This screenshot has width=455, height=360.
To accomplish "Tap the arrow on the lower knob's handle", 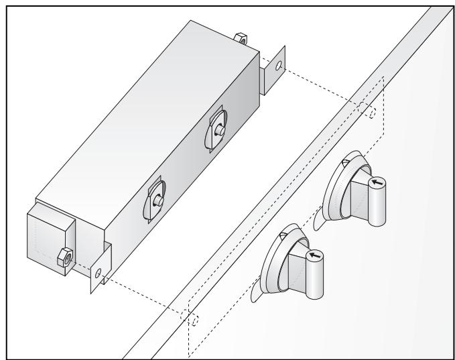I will tap(315, 255).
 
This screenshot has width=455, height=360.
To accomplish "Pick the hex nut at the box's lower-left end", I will tap(64, 255).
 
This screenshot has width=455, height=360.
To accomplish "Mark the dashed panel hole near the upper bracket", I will tap(372, 112).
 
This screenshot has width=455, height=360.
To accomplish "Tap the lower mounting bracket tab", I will tap(101, 268).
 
